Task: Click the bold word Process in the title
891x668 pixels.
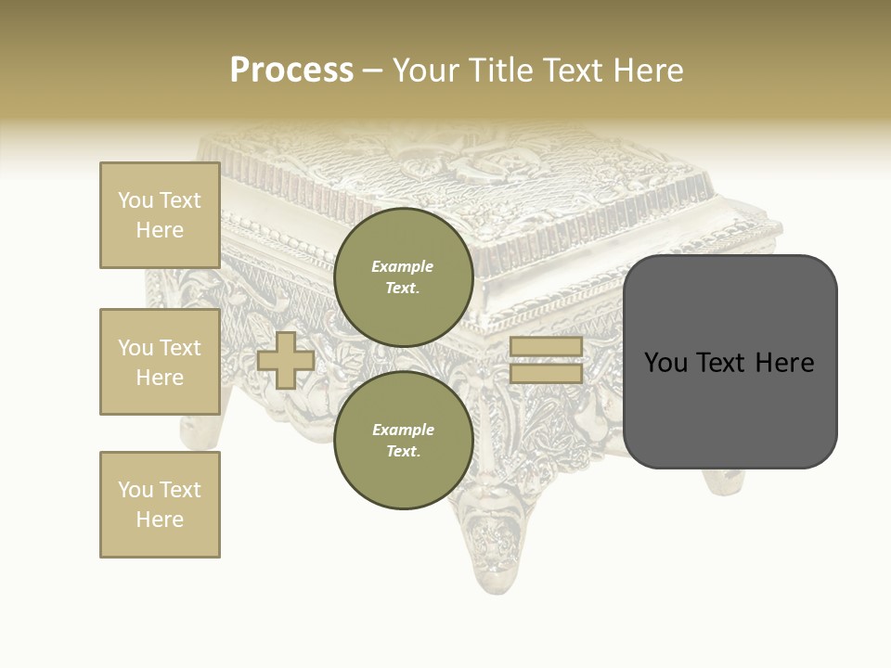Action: point(291,71)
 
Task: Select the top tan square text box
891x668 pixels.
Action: point(160,215)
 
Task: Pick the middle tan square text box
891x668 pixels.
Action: point(160,362)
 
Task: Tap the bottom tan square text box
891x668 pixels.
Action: point(160,505)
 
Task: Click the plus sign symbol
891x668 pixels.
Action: point(286,360)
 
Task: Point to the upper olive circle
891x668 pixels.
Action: point(403,276)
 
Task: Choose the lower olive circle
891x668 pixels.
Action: point(403,440)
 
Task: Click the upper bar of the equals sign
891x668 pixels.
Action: point(546,346)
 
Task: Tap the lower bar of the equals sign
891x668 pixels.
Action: point(546,373)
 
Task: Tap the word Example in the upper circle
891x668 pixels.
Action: point(403,266)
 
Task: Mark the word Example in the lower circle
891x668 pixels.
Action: point(403,430)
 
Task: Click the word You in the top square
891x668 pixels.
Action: point(136,200)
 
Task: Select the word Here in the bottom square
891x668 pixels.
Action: point(160,520)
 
